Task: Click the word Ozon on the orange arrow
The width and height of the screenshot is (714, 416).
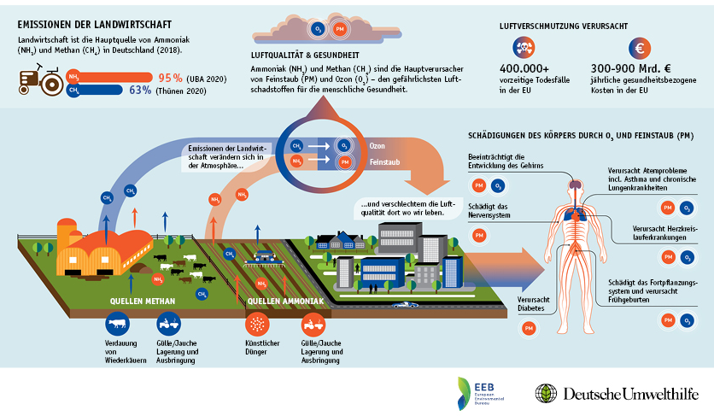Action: click(x=377, y=146)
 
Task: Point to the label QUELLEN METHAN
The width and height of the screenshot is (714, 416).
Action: click(x=142, y=302)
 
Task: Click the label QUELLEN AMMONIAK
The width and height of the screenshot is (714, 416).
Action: click(x=284, y=302)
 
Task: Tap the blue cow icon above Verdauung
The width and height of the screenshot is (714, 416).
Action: click(x=116, y=324)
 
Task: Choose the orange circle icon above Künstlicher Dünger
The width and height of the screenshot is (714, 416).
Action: click(x=257, y=324)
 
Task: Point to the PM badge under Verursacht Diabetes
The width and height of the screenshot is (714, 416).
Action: click(x=529, y=328)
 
